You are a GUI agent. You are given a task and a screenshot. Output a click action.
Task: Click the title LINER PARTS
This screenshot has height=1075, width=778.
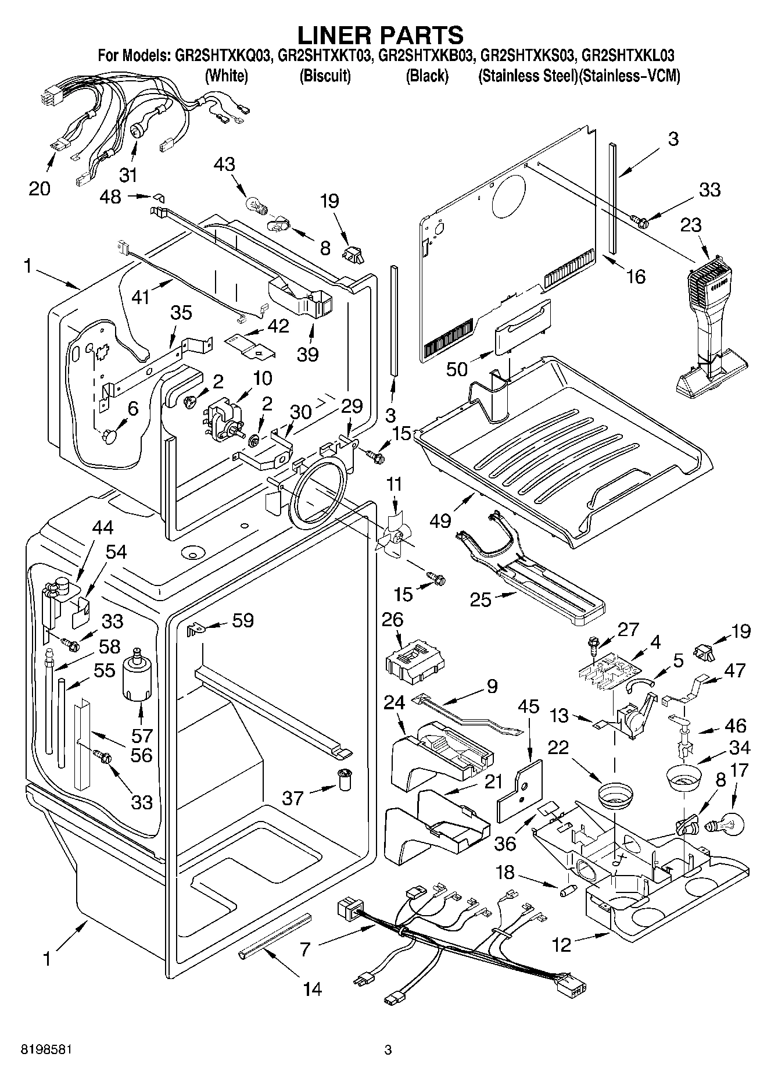pyautogui.click(x=381, y=35)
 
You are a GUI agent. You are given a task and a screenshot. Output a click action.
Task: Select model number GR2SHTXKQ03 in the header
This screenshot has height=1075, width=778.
pyautogui.click(x=223, y=56)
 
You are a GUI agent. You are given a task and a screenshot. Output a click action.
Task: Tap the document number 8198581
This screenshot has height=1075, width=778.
pyautogui.click(x=38, y=1050)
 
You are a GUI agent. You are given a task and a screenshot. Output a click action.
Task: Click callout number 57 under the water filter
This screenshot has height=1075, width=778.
pyautogui.click(x=141, y=735)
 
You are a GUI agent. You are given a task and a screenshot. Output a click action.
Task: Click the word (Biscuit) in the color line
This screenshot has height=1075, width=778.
pyautogui.click(x=325, y=76)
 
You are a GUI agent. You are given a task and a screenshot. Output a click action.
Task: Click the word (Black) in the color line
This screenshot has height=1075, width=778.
pyautogui.click(x=427, y=76)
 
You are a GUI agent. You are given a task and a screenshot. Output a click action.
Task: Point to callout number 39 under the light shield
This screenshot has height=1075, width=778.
pyautogui.click(x=307, y=354)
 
